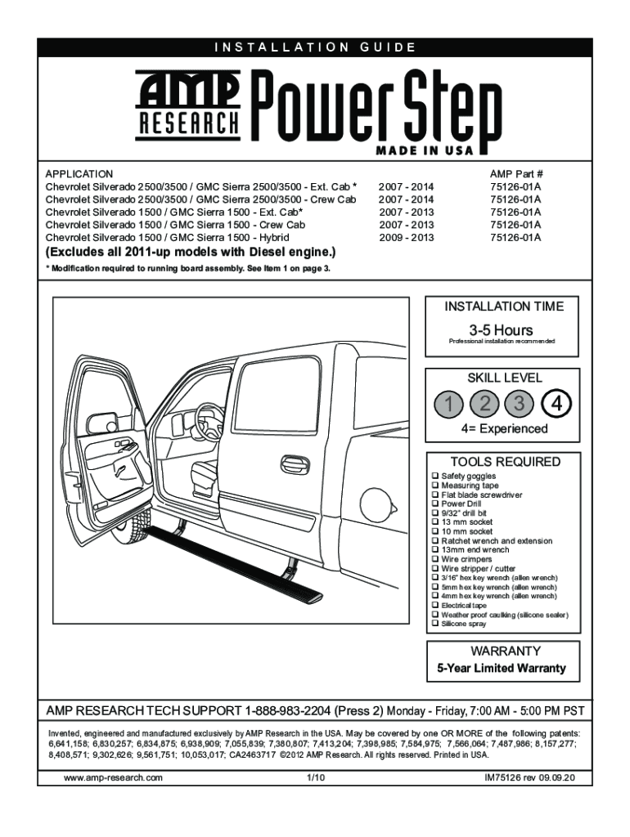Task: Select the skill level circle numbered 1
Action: click(448, 402)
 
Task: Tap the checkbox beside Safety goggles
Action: click(434, 476)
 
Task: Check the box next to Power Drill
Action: click(434, 504)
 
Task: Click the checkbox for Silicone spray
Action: click(434, 624)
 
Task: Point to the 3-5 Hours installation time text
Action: click(503, 330)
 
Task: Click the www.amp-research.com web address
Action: click(113, 778)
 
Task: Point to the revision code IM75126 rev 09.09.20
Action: click(530, 778)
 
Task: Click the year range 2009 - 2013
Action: click(407, 238)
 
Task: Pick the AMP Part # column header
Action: click(516, 174)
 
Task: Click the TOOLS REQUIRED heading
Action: click(504, 462)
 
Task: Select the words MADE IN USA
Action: click(425, 151)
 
